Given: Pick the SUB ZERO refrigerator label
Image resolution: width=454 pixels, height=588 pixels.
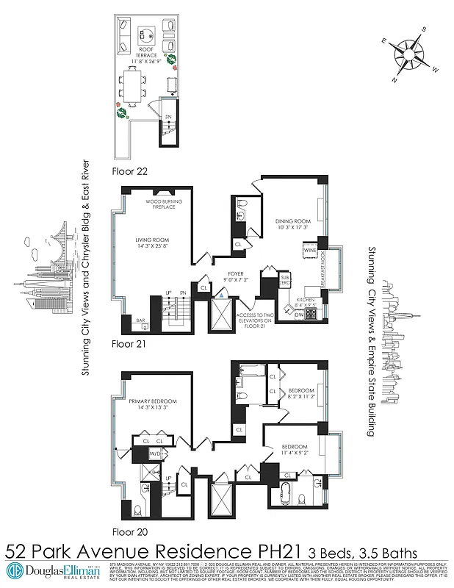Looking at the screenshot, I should pos(286,281).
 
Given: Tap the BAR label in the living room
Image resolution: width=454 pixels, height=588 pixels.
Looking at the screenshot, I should pos(140,320).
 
